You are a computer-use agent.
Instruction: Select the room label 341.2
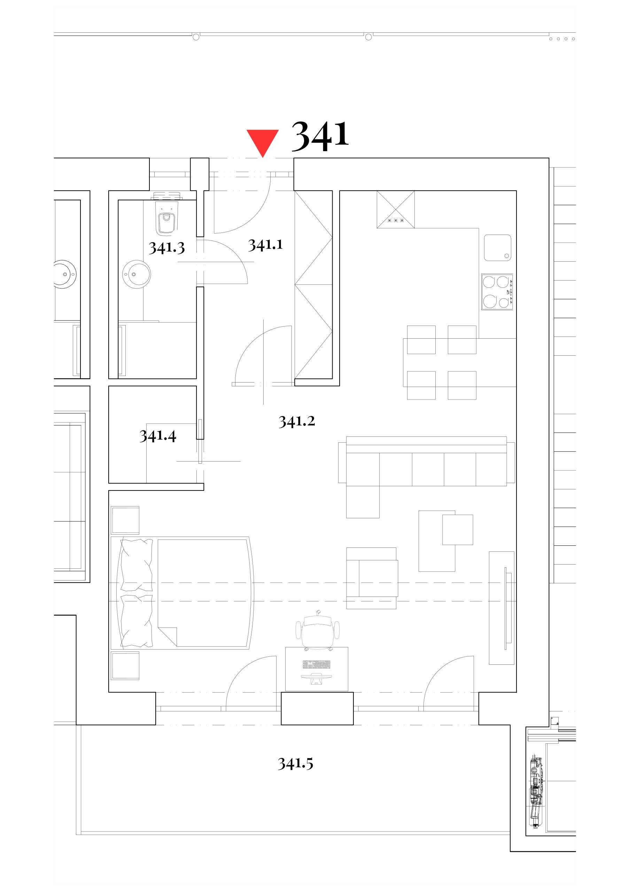click(x=297, y=421)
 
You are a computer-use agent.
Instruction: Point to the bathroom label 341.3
click(x=166, y=247)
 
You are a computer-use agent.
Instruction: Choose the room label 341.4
click(x=158, y=436)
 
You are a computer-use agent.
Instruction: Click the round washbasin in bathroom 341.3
click(x=136, y=274)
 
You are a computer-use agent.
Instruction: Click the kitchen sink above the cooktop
click(x=498, y=247)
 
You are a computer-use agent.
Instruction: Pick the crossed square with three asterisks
click(x=395, y=210)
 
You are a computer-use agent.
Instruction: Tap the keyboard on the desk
click(x=317, y=665)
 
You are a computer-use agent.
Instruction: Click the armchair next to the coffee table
click(x=372, y=578)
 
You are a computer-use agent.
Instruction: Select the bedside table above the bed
click(x=125, y=520)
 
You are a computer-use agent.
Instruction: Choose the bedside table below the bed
click(x=125, y=666)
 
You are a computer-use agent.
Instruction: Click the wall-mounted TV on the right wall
click(x=506, y=608)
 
